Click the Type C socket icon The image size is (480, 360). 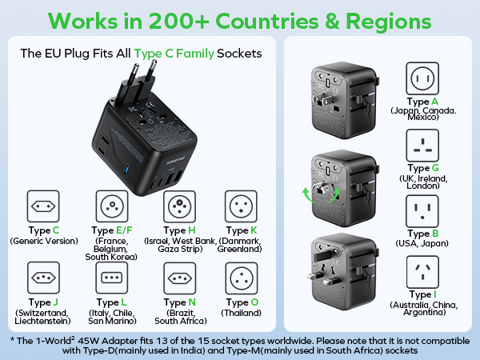coord(43,206)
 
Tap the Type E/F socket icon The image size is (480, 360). coord(112,206)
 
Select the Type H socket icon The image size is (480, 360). coord(179,206)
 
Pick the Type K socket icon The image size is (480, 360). coord(241,206)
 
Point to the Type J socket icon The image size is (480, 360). coord(43,278)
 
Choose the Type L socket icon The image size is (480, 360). coord(112,278)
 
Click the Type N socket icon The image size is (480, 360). coord(180,278)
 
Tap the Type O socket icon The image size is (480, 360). coord(242,278)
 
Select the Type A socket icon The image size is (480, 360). coord(422,78)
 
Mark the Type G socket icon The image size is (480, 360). coord(422,145)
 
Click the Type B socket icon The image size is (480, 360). coord(422,211)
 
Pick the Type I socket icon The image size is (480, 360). coord(422,272)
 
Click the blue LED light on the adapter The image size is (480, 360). coord(126,170)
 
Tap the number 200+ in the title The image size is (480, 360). coord(179,21)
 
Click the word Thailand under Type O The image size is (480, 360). coord(242,313)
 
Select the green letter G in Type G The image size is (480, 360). coord(435,168)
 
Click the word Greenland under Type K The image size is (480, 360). coord(238,249)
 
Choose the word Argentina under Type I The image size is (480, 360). coord(424,312)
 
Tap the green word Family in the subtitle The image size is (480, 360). coord(195,54)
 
